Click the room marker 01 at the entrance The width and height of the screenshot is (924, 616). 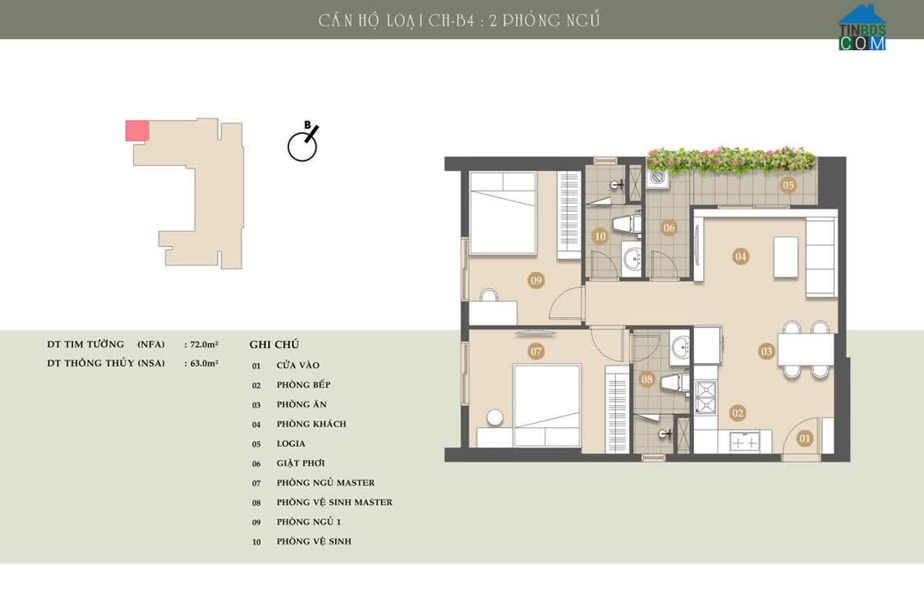[804, 438]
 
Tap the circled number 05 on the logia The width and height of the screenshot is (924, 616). [788, 185]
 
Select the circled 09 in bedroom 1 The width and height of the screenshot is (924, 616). [536, 280]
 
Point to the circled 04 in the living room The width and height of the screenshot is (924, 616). [741, 256]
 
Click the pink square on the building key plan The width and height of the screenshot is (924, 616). [137, 131]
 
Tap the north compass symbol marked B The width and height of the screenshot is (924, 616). [303, 142]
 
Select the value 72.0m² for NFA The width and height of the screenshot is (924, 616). [204, 344]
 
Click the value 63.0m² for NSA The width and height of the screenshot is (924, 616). [204, 363]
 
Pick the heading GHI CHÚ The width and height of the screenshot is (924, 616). [274, 344]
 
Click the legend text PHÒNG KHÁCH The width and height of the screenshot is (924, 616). [311, 424]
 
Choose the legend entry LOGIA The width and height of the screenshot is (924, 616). [291, 444]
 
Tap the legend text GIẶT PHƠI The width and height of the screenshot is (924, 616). [301, 462]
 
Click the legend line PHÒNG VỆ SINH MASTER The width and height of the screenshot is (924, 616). [334, 502]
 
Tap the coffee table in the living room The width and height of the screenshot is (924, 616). [785, 257]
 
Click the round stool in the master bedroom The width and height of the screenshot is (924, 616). [494, 417]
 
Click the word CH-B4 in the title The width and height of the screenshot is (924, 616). [451, 21]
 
